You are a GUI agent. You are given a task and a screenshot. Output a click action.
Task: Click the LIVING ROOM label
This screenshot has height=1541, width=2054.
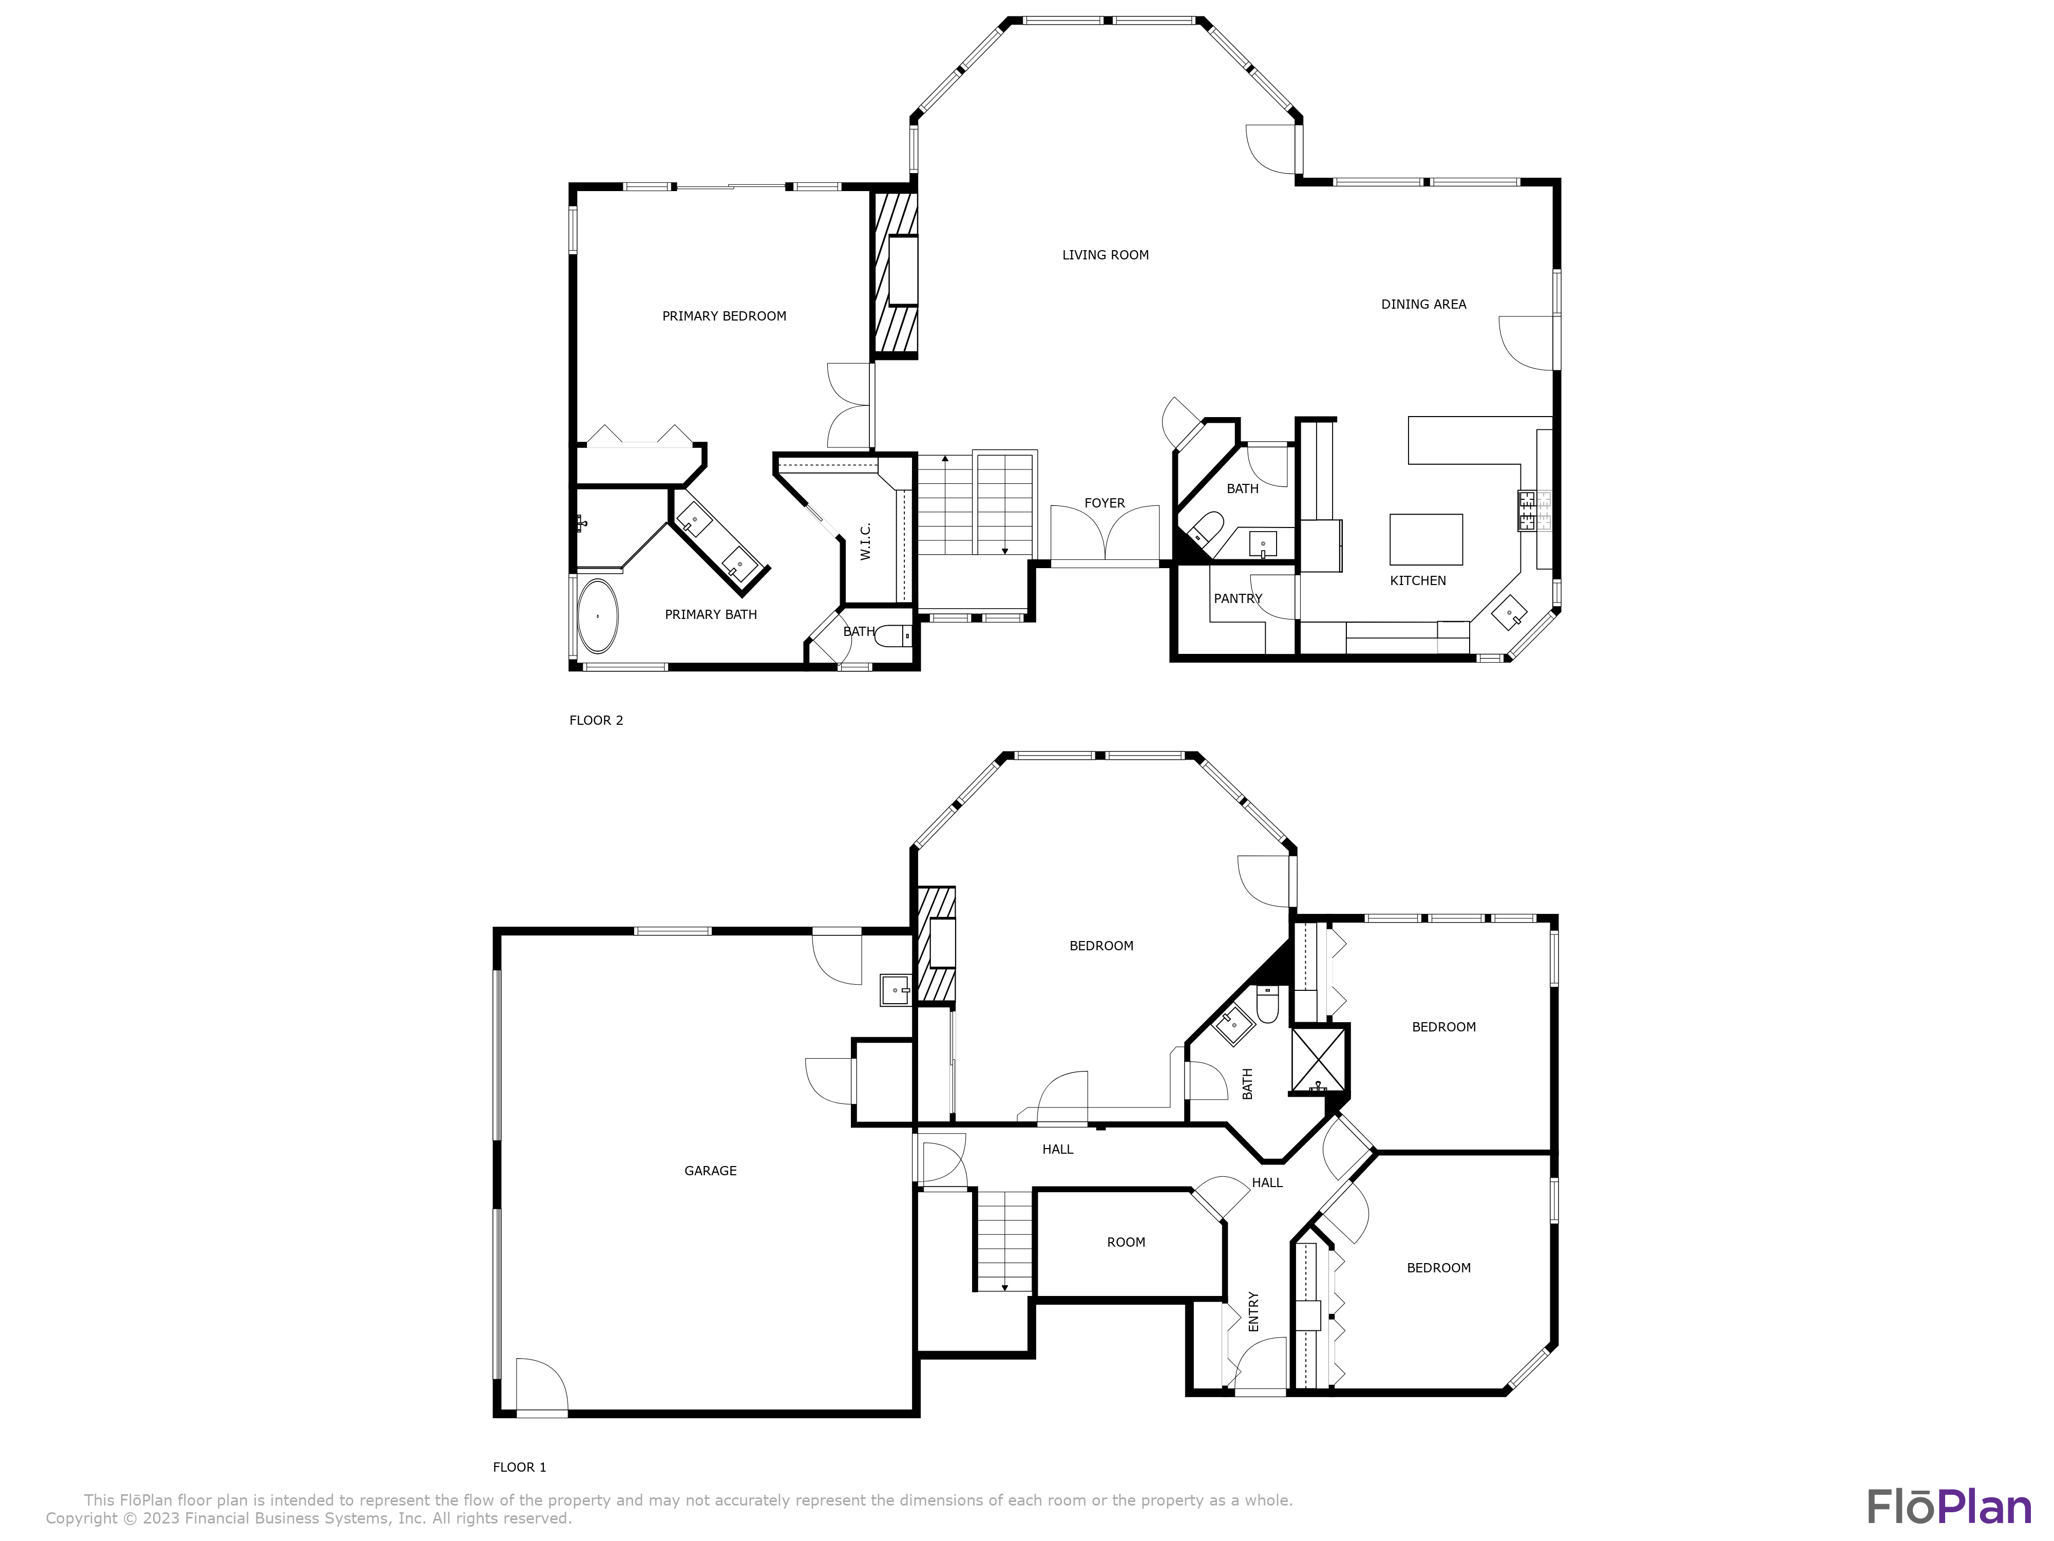[x=1105, y=254]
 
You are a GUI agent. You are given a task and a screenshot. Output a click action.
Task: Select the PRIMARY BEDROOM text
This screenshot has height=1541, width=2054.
[x=724, y=316]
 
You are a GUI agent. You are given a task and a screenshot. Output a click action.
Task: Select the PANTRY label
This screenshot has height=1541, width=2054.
[x=1237, y=598]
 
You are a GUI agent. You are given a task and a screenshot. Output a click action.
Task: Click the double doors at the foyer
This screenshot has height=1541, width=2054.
[x=1105, y=536]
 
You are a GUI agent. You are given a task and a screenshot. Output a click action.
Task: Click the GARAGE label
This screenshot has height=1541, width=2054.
[x=710, y=1170]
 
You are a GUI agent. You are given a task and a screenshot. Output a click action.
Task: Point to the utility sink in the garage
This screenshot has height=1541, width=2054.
[x=895, y=990]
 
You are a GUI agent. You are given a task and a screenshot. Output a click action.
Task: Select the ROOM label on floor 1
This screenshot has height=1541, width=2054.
[x=1126, y=1242]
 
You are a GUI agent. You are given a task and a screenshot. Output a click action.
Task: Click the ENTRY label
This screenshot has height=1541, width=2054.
[x=1253, y=1311]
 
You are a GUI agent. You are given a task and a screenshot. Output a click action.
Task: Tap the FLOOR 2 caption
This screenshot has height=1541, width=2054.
[x=596, y=720]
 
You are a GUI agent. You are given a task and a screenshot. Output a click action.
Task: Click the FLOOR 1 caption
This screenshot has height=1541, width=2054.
[x=519, y=1467]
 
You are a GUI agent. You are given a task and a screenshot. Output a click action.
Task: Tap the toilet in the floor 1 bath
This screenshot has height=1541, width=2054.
[x=1267, y=1003]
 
